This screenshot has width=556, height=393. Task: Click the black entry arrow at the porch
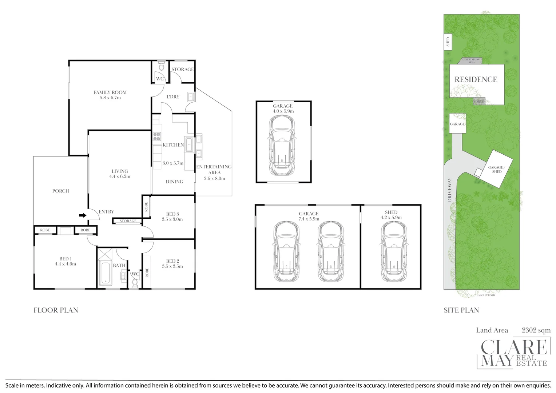click(x=83, y=215)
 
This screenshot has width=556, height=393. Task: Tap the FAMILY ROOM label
click(x=110, y=92)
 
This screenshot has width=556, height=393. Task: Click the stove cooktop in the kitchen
click(x=157, y=136)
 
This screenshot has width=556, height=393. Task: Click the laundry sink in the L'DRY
click(x=191, y=97)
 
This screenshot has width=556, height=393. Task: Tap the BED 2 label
click(x=172, y=261)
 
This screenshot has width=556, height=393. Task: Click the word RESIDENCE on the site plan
click(x=476, y=79)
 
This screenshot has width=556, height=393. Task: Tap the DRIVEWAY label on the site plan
click(x=449, y=190)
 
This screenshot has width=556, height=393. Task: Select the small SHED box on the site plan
click(x=448, y=42)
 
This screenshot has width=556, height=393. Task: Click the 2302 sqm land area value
click(x=536, y=330)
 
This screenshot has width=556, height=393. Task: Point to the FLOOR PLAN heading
click(x=56, y=310)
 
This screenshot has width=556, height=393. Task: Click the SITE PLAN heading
click(x=461, y=310)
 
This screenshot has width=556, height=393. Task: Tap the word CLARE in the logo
click(x=514, y=347)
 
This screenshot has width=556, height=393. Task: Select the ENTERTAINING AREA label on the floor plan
click(x=214, y=169)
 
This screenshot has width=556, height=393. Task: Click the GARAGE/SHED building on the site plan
click(x=496, y=169)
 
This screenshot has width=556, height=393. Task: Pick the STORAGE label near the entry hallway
click(x=128, y=221)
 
